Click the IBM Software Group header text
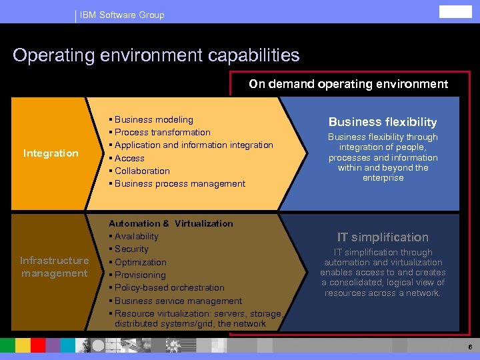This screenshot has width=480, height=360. click(121, 15)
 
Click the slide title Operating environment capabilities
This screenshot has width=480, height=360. click(156, 55)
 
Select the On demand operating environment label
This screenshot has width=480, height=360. click(348, 84)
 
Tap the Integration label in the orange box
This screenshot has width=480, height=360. click(51, 153)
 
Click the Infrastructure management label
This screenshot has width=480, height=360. click(54, 267)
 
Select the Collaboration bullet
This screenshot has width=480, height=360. click(142, 171)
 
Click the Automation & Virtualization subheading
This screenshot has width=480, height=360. click(171, 223)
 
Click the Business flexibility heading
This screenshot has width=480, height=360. click(383, 122)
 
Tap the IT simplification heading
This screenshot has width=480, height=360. click(383, 237)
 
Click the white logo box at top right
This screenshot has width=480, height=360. click(455, 12)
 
